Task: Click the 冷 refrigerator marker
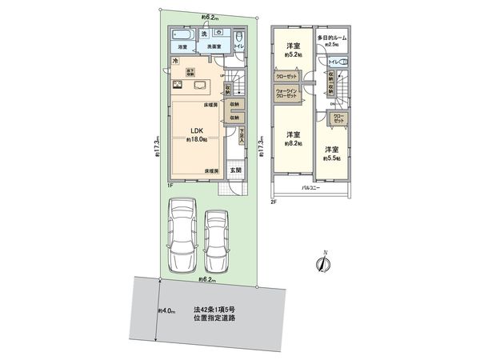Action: coord(175,62)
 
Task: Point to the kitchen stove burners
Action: coord(174,86)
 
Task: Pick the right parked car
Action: coord(217,240)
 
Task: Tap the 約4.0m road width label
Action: coord(166,310)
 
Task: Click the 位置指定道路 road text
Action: coord(214,317)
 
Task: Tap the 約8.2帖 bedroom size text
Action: coord(294,144)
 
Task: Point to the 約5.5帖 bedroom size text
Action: coord(332,158)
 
